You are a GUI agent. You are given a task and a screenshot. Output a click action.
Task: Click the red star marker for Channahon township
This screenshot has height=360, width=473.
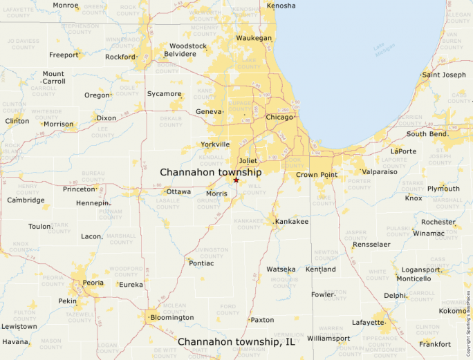tap(236, 180)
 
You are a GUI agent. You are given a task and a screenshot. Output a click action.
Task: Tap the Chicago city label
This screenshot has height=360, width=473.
tap(279, 117)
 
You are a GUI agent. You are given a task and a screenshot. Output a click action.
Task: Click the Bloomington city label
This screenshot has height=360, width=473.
tap(171, 317)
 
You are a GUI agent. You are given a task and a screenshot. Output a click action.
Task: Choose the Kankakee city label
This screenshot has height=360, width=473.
tap(292, 221)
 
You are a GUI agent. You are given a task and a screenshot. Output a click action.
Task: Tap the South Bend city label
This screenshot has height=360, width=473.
tap(426, 134)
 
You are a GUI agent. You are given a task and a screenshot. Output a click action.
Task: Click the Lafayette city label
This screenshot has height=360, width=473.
tap(368, 323)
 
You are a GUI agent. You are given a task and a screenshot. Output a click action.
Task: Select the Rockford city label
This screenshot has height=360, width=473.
tap(120, 57)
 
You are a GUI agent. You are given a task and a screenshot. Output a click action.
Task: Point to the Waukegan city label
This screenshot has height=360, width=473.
tap(254, 38)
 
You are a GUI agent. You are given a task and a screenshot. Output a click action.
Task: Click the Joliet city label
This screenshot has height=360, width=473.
tap(248, 160)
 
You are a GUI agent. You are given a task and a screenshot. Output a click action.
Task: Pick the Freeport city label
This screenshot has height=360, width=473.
tap(64, 55)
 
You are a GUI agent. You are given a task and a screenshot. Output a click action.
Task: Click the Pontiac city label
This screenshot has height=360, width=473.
tap(201, 263)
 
